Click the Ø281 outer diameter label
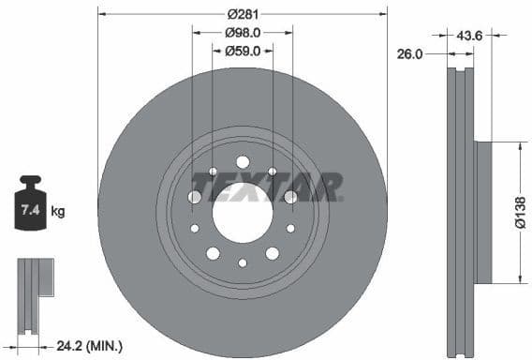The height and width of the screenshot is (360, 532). tap(242, 14)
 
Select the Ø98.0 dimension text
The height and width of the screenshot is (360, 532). tap(242, 32)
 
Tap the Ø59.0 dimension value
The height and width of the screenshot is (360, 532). tap(242, 51)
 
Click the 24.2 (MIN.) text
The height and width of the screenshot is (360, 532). tap(92, 346)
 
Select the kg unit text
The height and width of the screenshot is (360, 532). tap(58, 212)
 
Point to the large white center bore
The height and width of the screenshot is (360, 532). tap(242, 212)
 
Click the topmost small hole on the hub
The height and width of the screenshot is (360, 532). tap(242, 160)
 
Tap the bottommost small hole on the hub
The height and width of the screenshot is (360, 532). tap(242, 263)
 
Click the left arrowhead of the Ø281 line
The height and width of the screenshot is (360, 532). tap(101, 14)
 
